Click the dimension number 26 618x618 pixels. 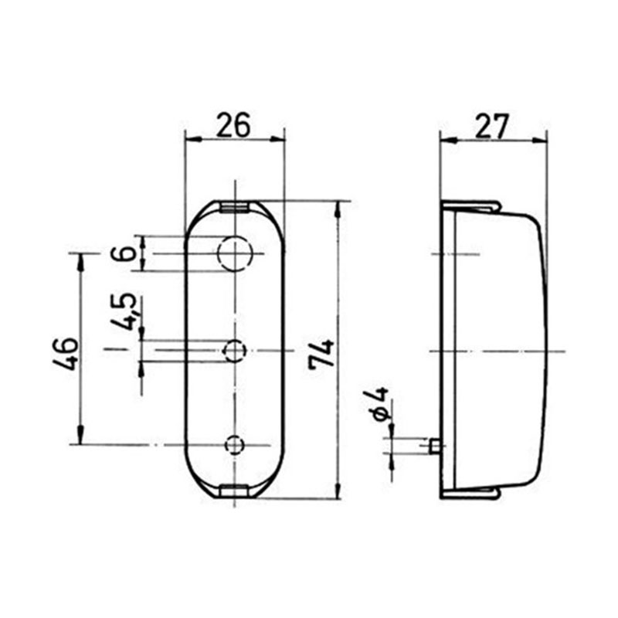pos(233,124)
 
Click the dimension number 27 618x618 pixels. pos(492,124)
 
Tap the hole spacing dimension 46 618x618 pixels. pos(66,353)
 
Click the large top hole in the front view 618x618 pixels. pos(235,252)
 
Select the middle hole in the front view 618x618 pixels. pos(234,351)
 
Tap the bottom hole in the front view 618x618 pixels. pos(234,444)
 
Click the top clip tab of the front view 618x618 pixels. pos(234,206)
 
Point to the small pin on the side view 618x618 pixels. pos(436,446)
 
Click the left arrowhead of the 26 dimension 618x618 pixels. pos(190,140)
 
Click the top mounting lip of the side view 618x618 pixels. pos(471,205)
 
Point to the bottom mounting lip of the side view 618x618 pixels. pos(471,492)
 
